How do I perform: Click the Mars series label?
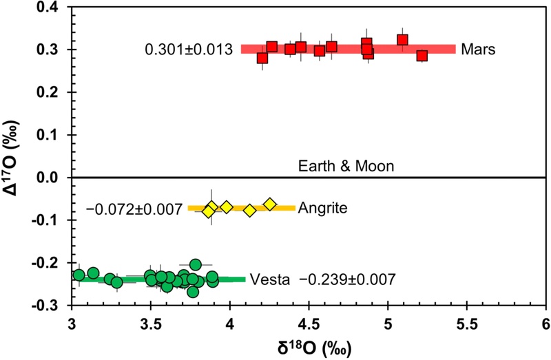click(476, 50)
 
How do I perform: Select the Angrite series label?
click(318, 207)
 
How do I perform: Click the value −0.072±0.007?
click(134, 208)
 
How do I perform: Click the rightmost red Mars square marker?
click(422, 56)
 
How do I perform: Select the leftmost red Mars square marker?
click(262, 58)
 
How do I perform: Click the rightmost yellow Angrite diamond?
click(270, 204)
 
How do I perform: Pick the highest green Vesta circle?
click(196, 264)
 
